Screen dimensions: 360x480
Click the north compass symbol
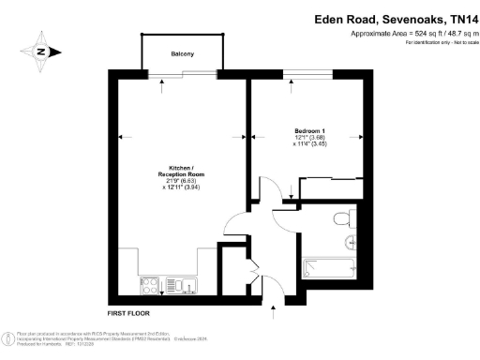(40, 52)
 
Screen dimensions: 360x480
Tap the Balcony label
(183, 53)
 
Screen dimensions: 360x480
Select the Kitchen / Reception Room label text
(177, 171)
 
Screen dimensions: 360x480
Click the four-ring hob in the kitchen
(151, 285)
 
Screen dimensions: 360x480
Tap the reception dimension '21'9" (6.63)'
(177, 181)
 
